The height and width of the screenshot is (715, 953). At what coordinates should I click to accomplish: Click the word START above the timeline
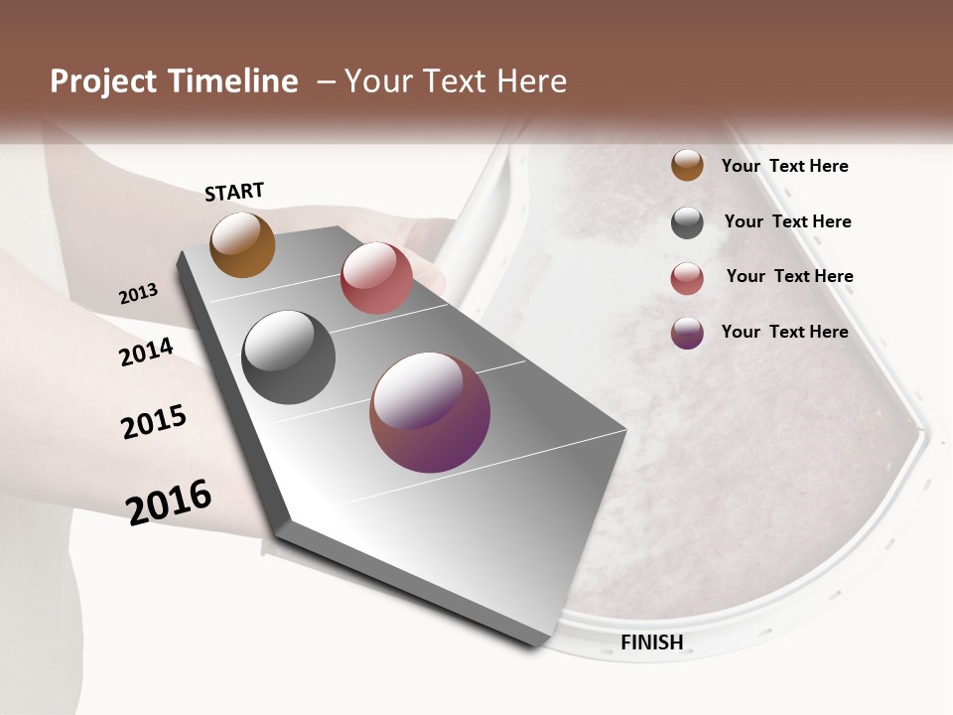point(234,192)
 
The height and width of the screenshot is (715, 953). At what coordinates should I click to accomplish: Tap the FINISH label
point(651,643)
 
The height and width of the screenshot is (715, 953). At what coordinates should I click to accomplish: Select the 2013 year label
point(138,294)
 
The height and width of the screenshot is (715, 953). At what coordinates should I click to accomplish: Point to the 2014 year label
point(146,353)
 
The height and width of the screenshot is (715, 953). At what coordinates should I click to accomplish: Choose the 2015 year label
point(154,422)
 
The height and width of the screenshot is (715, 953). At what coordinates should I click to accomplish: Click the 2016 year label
point(169,501)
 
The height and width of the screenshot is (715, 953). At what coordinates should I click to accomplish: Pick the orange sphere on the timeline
point(242,244)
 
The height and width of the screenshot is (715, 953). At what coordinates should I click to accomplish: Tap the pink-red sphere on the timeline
point(376,278)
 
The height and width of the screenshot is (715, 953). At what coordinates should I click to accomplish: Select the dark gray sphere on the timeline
point(288,357)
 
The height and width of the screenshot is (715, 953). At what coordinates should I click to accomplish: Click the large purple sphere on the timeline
point(430,412)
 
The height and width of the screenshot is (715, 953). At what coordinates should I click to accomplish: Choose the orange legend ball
point(687,165)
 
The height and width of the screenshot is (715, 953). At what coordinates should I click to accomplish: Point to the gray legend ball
point(687,222)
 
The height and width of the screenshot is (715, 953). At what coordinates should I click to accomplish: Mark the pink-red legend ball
point(687,278)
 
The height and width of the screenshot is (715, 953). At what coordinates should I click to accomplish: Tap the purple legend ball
point(687,333)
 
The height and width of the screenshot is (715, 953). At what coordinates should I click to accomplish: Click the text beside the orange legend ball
point(784,166)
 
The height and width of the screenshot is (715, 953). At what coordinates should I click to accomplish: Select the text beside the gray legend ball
point(787,221)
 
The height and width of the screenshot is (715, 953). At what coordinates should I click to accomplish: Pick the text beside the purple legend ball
point(784,332)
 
